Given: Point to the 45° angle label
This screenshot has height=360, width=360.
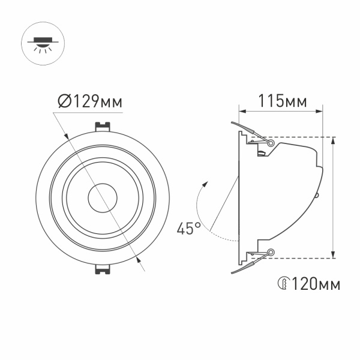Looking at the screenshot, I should click(x=188, y=228).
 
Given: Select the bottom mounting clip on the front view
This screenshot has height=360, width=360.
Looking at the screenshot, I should click(x=102, y=268).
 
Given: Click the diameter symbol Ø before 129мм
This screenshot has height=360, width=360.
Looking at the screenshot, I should click(x=66, y=101).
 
